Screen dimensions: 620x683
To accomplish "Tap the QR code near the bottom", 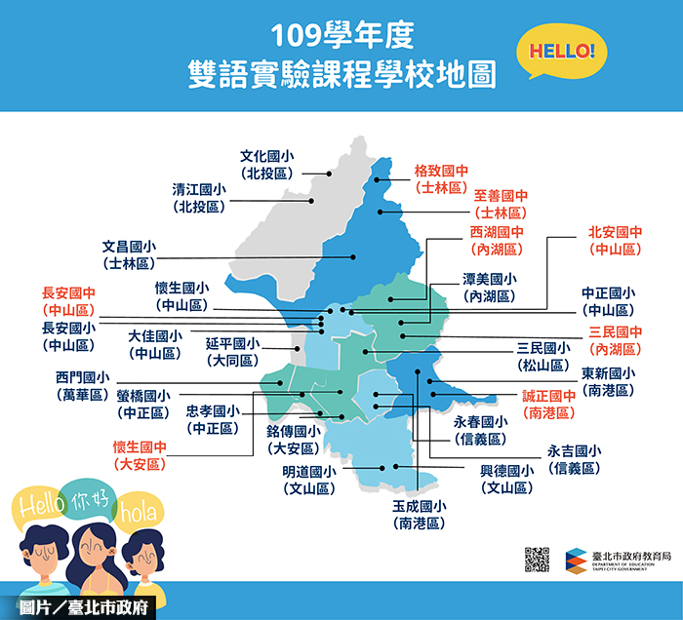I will tap(537, 559).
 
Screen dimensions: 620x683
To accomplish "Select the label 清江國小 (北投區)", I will tap(199, 198).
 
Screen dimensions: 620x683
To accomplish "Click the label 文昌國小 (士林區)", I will tap(129, 255).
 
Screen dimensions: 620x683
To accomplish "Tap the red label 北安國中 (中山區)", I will tap(615, 241).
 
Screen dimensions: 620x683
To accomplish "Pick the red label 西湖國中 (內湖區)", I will tap(497, 242).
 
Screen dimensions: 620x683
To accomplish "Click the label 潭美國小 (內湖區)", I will tap(490, 287).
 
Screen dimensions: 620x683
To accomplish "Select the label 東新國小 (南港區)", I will tap(608, 381).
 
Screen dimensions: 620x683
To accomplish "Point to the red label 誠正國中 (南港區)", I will tap(549, 405).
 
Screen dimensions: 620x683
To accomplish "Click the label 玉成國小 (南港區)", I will tap(420, 515).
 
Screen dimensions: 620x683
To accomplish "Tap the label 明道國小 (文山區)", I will tap(308, 481).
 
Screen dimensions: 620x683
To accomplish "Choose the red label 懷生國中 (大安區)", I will tap(141, 456).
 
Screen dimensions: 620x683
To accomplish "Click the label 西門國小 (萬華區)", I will tap(82, 386).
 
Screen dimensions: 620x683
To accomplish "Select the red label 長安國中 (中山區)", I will tap(68, 300).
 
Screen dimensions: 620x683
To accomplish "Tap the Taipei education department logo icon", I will tap(575, 560).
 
